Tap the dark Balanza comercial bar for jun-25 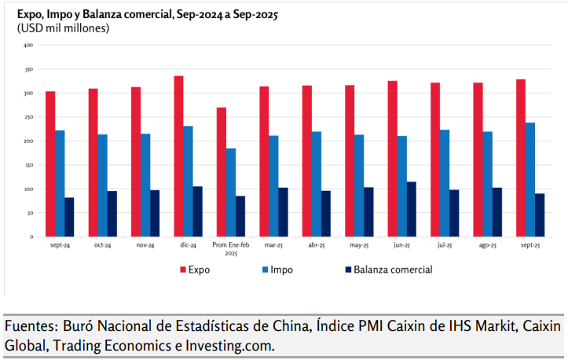(x=412, y=209)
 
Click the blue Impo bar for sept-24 (x=60, y=183)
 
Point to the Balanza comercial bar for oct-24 (x=112, y=213)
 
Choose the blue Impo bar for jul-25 (x=445, y=182)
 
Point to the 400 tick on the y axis (x=28, y=46)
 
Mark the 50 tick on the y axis (x=29, y=213)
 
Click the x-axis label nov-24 (x=145, y=246)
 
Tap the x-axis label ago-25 (x=487, y=246)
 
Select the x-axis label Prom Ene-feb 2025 (x=230, y=250)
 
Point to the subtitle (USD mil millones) (x=64, y=28)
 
